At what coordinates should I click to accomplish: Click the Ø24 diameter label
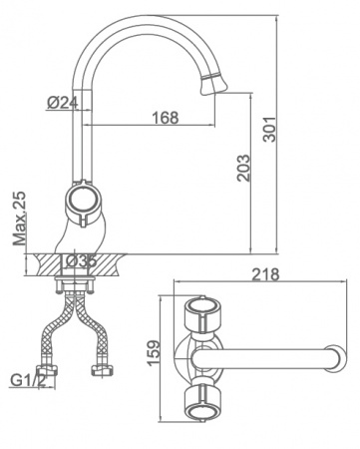pyautogui.click(x=63, y=103)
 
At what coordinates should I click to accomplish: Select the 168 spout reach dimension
pyautogui.click(x=166, y=118)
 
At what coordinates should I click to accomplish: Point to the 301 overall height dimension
pyautogui.click(x=269, y=130)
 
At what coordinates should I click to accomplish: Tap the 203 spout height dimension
pyautogui.click(x=243, y=168)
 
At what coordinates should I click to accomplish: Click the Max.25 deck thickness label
pyautogui.click(x=20, y=219)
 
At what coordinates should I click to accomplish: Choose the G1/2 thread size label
pyautogui.click(x=28, y=380)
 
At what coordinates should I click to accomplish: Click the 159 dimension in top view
pyautogui.click(x=154, y=353)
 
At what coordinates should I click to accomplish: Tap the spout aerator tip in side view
pyautogui.click(x=213, y=83)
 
